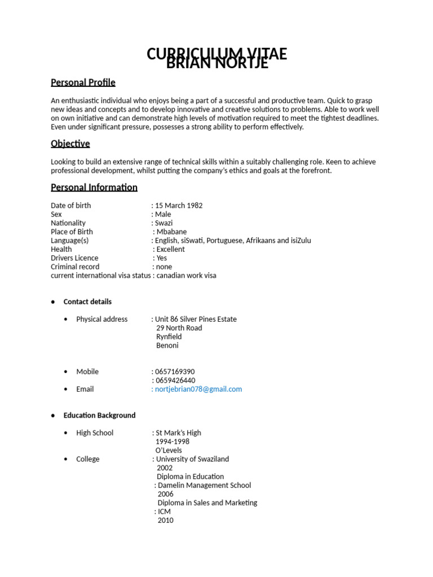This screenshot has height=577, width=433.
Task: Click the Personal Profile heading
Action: point(83,82)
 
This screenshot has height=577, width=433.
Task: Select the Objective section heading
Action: point(70,144)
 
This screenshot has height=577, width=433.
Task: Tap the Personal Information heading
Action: point(94,187)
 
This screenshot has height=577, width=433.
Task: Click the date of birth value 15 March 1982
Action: point(179,206)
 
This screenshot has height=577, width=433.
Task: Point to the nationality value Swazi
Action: point(164,223)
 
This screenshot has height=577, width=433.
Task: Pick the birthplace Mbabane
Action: point(171,232)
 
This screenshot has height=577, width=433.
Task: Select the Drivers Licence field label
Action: point(74,258)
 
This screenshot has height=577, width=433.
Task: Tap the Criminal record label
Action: point(75,267)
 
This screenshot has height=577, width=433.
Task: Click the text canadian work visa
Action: point(186,276)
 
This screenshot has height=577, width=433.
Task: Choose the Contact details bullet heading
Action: point(87,301)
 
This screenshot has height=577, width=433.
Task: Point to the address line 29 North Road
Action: point(179,328)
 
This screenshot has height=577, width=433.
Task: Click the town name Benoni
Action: point(167,345)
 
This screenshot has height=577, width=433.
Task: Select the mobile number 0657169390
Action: point(175,372)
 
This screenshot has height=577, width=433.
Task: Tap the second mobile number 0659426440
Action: point(175,380)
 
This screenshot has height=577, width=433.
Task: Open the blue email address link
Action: point(198,389)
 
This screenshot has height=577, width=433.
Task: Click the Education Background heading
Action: point(99,415)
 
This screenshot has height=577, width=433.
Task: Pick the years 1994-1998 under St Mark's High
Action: point(173,442)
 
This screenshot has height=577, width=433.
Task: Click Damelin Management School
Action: point(204,485)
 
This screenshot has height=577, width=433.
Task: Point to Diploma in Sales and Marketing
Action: point(207,503)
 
